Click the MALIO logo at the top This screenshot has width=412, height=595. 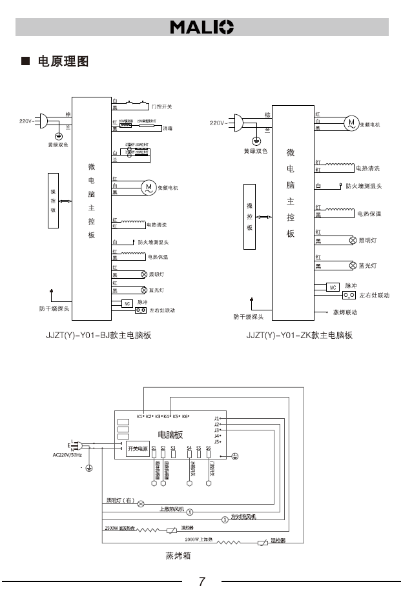pos(201,27)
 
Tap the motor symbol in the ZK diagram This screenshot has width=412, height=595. pos(352,122)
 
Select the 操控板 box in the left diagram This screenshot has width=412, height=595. pos(54,201)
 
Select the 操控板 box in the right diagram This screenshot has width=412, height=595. pos(250,216)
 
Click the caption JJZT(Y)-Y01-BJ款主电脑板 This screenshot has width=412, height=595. pos(103,336)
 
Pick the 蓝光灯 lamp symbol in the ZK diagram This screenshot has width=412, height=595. pos(353,265)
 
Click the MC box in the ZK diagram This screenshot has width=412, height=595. pos(333,287)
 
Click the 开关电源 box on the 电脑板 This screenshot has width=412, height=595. pos(137,449)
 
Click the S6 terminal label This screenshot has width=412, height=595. pos(209,447)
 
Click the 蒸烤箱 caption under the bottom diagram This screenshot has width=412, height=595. pos(178,554)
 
